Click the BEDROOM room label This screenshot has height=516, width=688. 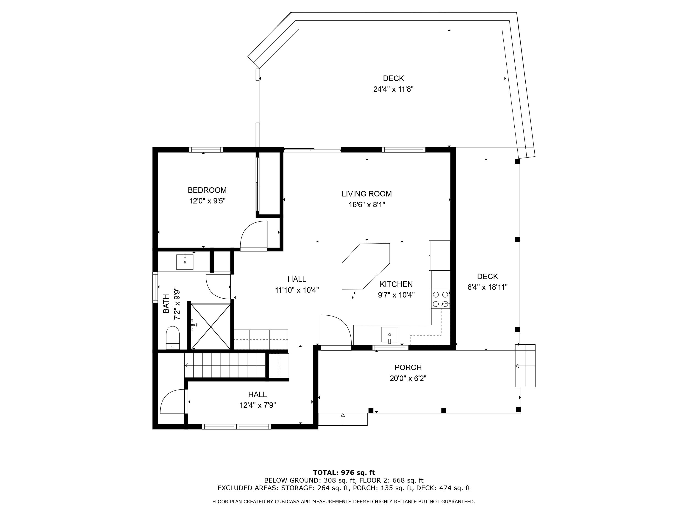tap(207, 190)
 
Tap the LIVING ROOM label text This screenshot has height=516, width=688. tap(367, 194)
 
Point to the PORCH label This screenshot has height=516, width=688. tap(408, 367)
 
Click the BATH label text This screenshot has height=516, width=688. tap(166, 304)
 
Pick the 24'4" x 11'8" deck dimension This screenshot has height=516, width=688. tap(394, 89)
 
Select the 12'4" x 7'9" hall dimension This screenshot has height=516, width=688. tap(258, 405)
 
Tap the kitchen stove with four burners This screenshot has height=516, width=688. tap(440, 299)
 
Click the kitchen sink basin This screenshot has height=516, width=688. tap(389, 335)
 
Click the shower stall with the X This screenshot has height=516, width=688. tap(211, 326)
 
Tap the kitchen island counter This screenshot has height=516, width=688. tap(366, 266)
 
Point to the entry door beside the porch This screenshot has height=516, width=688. tap(336, 330)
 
